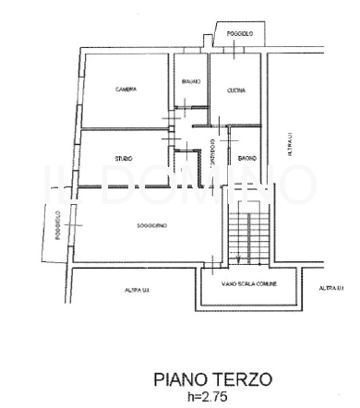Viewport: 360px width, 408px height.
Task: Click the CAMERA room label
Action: tap(126, 90)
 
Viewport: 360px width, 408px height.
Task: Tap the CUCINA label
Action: tap(235, 90)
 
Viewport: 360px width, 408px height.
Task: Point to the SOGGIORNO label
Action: tap(126, 226)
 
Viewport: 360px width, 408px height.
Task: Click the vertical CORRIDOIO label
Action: tap(211, 153)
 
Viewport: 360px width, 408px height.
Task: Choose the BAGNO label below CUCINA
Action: tap(246, 160)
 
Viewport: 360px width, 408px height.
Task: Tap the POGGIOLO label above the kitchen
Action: tap(240, 34)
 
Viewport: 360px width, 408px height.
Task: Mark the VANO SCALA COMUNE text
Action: tap(243, 284)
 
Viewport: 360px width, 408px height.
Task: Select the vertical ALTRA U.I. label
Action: tap(289, 145)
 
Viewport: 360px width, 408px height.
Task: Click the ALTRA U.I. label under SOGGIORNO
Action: tap(138, 291)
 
